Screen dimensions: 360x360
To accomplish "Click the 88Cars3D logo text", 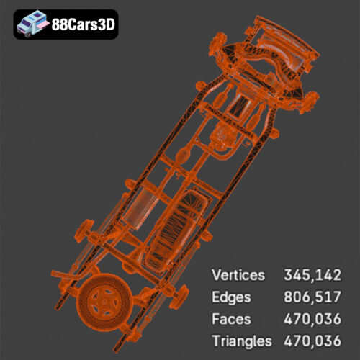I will click(83, 24).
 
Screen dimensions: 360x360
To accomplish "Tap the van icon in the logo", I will click(33, 24).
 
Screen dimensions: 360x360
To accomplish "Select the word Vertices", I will click(238, 275).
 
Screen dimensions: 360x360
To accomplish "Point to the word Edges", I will click(233, 297).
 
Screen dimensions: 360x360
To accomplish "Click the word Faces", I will click(231, 318).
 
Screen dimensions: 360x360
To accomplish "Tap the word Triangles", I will click(242, 340).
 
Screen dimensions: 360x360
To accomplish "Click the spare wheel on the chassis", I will click(104, 302).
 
